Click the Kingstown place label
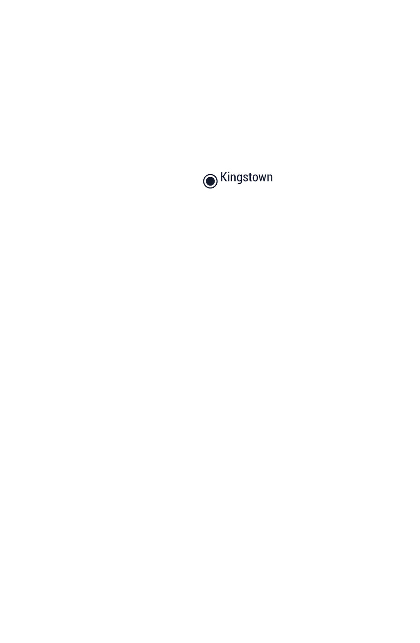tap(247, 178)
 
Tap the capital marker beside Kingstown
tap(210, 181)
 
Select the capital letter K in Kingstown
tap(223, 177)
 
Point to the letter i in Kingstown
tap(229, 177)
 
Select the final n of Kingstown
tap(270, 178)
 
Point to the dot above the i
tap(229, 173)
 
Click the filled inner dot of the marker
tap(210, 181)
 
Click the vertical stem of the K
tap(221, 177)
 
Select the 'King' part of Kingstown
tap(231, 178)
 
